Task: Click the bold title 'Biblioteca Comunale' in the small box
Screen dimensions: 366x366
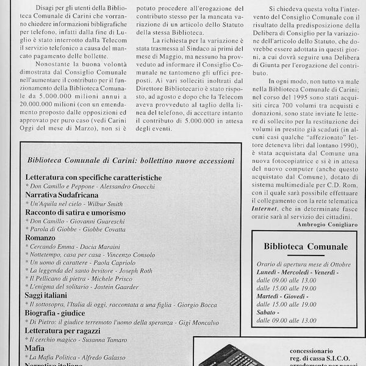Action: pos(306,246)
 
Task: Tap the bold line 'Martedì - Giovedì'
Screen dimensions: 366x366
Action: pos(284,295)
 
